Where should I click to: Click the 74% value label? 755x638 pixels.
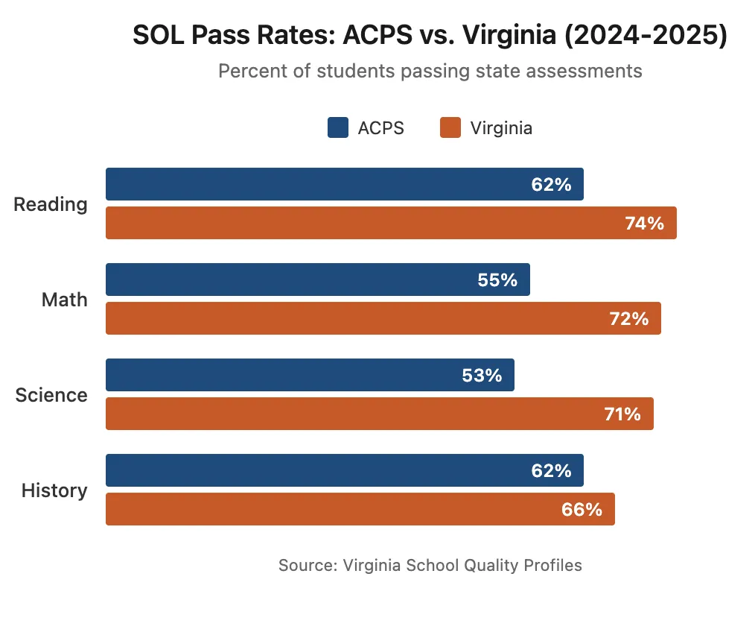[x=644, y=223]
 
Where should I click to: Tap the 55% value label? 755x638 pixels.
[x=497, y=279]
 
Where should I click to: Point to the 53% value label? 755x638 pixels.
[x=482, y=375]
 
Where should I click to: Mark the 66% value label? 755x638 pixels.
[x=582, y=509]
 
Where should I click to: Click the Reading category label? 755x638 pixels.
[x=51, y=204]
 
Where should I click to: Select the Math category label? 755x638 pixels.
[x=64, y=300]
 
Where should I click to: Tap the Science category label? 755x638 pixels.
[x=51, y=395]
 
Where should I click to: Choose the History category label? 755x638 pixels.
[x=54, y=490]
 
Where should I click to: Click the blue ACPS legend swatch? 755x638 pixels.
[x=338, y=128]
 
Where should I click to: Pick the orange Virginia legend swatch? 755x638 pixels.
[x=450, y=128]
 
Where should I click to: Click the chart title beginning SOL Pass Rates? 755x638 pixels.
[x=430, y=36]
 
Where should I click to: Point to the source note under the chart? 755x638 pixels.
[x=430, y=565]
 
